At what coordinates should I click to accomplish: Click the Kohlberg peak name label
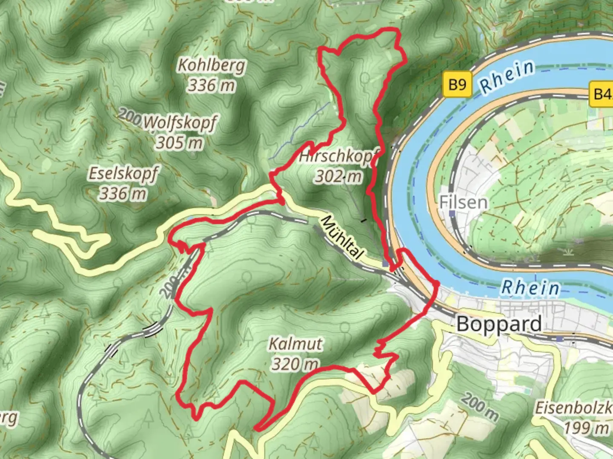coord(212,65)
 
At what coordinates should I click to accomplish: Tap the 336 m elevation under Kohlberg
coord(212,85)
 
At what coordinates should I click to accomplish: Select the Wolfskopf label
coord(180,122)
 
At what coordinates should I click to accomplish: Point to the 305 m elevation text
coord(179,142)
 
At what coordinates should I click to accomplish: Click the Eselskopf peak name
coord(123,173)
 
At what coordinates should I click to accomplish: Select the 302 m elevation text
coord(338,176)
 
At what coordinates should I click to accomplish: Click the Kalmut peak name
coord(295,344)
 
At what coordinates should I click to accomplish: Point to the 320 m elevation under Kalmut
coord(295,364)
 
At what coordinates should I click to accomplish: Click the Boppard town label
coord(499,324)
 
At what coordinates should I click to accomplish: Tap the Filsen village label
coord(463,202)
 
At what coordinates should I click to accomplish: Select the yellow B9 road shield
coord(457,85)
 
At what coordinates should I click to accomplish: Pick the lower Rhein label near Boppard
coord(530,288)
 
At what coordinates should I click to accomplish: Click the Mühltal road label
coord(343,238)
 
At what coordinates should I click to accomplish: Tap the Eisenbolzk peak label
coord(573,408)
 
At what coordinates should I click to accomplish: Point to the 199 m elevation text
coord(587,428)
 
